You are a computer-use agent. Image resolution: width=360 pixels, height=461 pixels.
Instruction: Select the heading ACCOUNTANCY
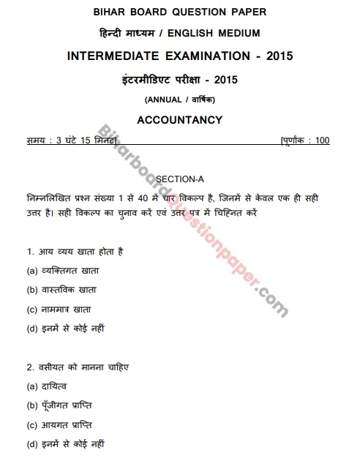(179, 119)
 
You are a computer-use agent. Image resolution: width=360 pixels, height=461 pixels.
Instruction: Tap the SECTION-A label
(179, 179)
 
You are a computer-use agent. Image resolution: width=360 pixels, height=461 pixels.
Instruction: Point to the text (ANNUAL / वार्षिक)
(179, 100)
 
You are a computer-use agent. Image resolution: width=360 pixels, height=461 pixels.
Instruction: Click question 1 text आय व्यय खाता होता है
(74, 252)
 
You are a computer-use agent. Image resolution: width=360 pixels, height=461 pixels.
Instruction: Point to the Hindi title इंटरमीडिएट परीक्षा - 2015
(179, 78)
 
